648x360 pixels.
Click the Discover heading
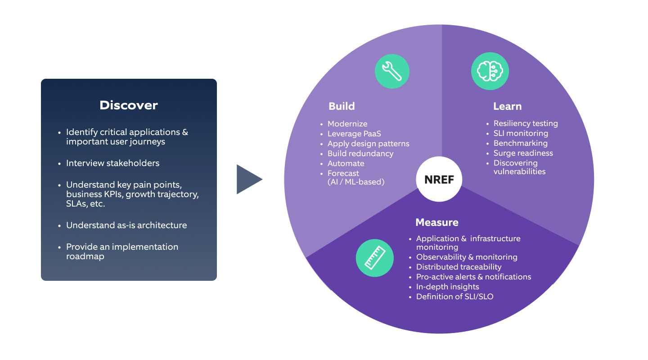tap(129, 105)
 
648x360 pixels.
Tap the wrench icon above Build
tap(392, 71)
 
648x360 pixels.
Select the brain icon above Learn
tap(490, 71)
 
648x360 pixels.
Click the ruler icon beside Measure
tap(374, 257)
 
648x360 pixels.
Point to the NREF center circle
tap(439, 180)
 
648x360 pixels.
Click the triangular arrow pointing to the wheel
tap(248, 179)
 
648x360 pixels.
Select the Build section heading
tap(342, 106)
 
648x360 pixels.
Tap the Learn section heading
tap(507, 106)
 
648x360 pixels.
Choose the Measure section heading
tap(436, 222)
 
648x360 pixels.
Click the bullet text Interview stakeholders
tap(112, 163)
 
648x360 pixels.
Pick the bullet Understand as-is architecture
tap(126, 225)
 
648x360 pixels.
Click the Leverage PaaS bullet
tap(351, 134)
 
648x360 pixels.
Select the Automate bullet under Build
tap(346, 163)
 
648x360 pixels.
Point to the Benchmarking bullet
tap(520, 143)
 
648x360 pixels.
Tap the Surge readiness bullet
tap(523, 153)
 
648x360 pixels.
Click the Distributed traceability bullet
tap(459, 267)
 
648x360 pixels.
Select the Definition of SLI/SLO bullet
tap(454, 297)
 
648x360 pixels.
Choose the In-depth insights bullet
tap(447, 287)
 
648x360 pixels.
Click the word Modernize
tap(347, 124)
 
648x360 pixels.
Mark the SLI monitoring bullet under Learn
tap(521, 133)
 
